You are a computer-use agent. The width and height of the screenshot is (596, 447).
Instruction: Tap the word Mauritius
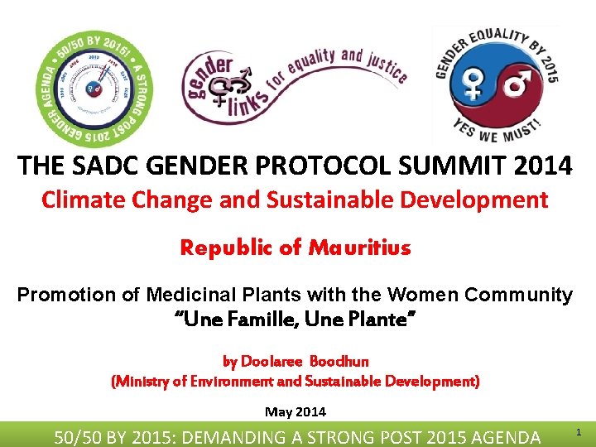tap(360, 248)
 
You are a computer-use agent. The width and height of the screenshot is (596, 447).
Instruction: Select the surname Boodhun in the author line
tap(339, 361)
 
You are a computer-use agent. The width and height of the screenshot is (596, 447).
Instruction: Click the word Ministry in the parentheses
tap(143, 382)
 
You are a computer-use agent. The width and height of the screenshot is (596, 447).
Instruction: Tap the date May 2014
tap(296, 411)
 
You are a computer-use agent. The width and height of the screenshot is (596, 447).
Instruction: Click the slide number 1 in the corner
tap(578, 432)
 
